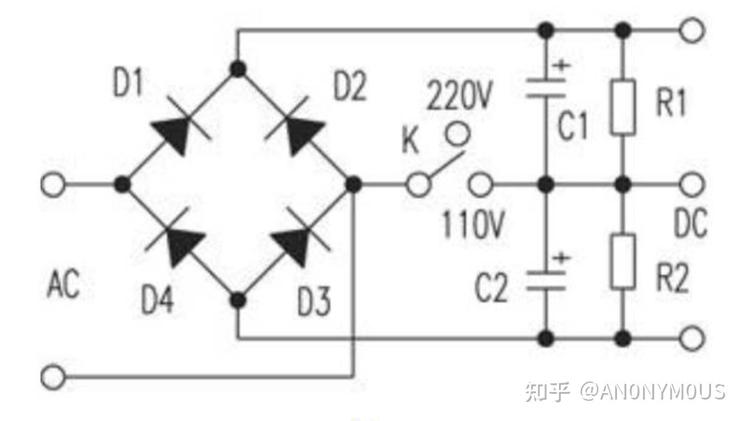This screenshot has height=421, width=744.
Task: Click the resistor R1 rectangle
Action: (x=623, y=108)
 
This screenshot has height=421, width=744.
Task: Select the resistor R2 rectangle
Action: (x=623, y=262)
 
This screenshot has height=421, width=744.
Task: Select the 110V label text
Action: (x=472, y=226)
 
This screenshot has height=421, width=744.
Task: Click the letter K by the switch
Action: (x=410, y=142)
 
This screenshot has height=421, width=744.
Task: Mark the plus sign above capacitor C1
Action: (x=559, y=65)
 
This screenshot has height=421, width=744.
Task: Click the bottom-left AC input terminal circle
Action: (x=53, y=377)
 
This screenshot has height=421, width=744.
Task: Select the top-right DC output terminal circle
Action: (x=692, y=30)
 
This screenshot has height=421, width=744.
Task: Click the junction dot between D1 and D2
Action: (x=238, y=70)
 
